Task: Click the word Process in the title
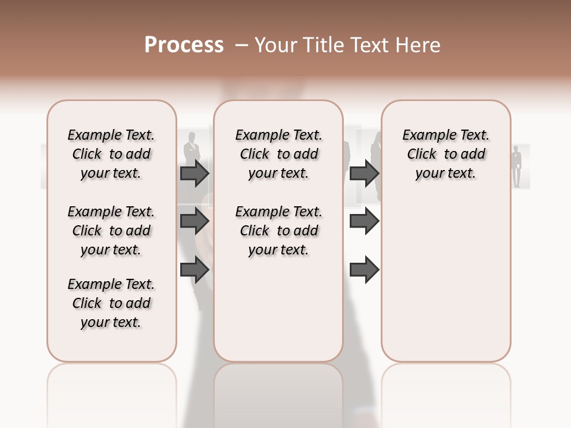184,45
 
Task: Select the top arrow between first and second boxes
194,173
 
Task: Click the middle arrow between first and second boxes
194,222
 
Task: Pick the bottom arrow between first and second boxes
194,270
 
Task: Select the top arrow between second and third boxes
364,173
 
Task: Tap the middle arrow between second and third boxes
364,222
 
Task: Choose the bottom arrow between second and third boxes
364,270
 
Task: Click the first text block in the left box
111,154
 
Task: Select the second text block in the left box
111,231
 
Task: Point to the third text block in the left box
111,303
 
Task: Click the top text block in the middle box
278,154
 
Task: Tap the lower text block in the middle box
278,231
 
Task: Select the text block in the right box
445,154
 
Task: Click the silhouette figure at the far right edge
517,166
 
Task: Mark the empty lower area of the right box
445,279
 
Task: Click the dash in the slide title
241,46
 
